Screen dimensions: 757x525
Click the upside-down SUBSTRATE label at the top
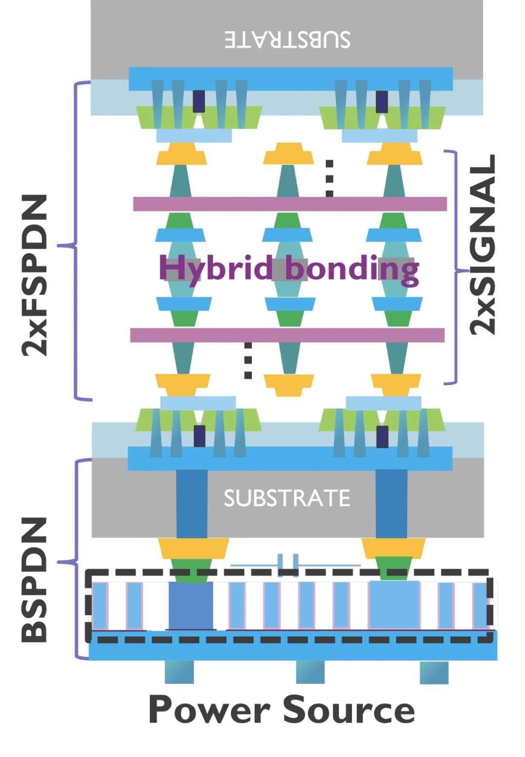[x=287, y=39]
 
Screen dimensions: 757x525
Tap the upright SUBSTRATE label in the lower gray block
[x=287, y=498]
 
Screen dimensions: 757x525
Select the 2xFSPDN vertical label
[x=35, y=275]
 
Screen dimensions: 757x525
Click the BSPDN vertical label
[x=35, y=580]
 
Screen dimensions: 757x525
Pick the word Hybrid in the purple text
[x=215, y=268]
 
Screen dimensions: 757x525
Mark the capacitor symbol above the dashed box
[x=288, y=565]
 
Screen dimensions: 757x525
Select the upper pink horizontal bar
[x=290, y=204]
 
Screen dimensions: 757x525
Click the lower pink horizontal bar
[x=287, y=335]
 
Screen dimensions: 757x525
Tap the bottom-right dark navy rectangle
[x=383, y=436]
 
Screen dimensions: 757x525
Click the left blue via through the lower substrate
[x=192, y=504]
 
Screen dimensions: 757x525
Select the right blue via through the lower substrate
[x=391, y=504]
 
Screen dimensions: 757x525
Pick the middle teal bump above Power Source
[x=310, y=672]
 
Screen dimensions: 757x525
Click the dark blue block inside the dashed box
[x=191, y=605]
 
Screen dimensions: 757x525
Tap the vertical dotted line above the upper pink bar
[x=329, y=178]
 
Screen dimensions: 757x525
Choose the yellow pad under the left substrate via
[x=193, y=548]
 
